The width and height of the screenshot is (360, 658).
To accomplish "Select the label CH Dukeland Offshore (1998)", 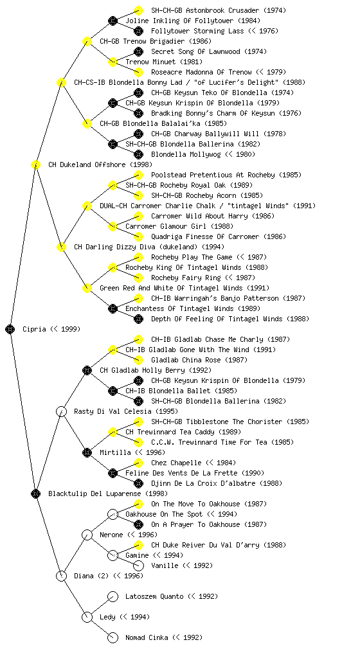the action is (x=100, y=164).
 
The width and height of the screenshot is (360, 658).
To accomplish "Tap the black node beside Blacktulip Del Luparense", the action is (x=35, y=493).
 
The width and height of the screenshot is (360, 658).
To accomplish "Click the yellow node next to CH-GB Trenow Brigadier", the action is (x=87, y=41).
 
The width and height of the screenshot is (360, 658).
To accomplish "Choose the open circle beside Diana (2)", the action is (x=61, y=576).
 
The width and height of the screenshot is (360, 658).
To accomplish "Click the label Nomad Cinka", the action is (x=147, y=637).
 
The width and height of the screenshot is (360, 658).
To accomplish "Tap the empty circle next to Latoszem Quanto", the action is (x=113, y=596).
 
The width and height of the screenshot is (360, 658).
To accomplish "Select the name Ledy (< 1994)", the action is (x=125, y=617).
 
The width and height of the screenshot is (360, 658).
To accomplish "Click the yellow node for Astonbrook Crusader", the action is (x=138, y=10).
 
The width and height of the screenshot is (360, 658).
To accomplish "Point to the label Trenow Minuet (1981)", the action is (x=158, y=62).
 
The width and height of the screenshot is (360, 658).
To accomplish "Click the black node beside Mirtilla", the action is (x=87, y=452).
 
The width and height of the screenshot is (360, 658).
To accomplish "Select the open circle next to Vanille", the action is (x=138, y=565).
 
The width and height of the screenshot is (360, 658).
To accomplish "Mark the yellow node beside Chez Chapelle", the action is (x=138, y=463).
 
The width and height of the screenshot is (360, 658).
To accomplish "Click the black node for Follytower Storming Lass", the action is (x=138, y=31).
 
